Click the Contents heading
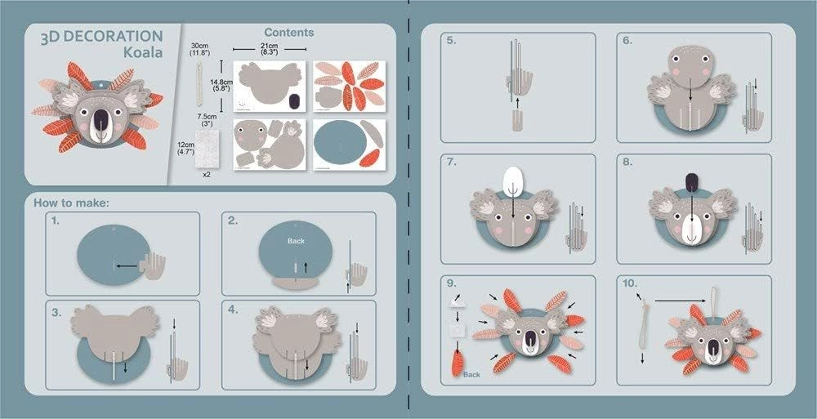click(x=288, y=33)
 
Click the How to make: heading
click(x=69, y=202)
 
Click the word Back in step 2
click(x=295, y=242)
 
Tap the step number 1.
click(x=56, y=221)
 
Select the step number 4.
click(x=232, y=310)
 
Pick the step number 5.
click(x=451, y=40)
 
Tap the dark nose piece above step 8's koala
click(x=691, y=183)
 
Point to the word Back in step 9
click(x=471, y=374)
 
